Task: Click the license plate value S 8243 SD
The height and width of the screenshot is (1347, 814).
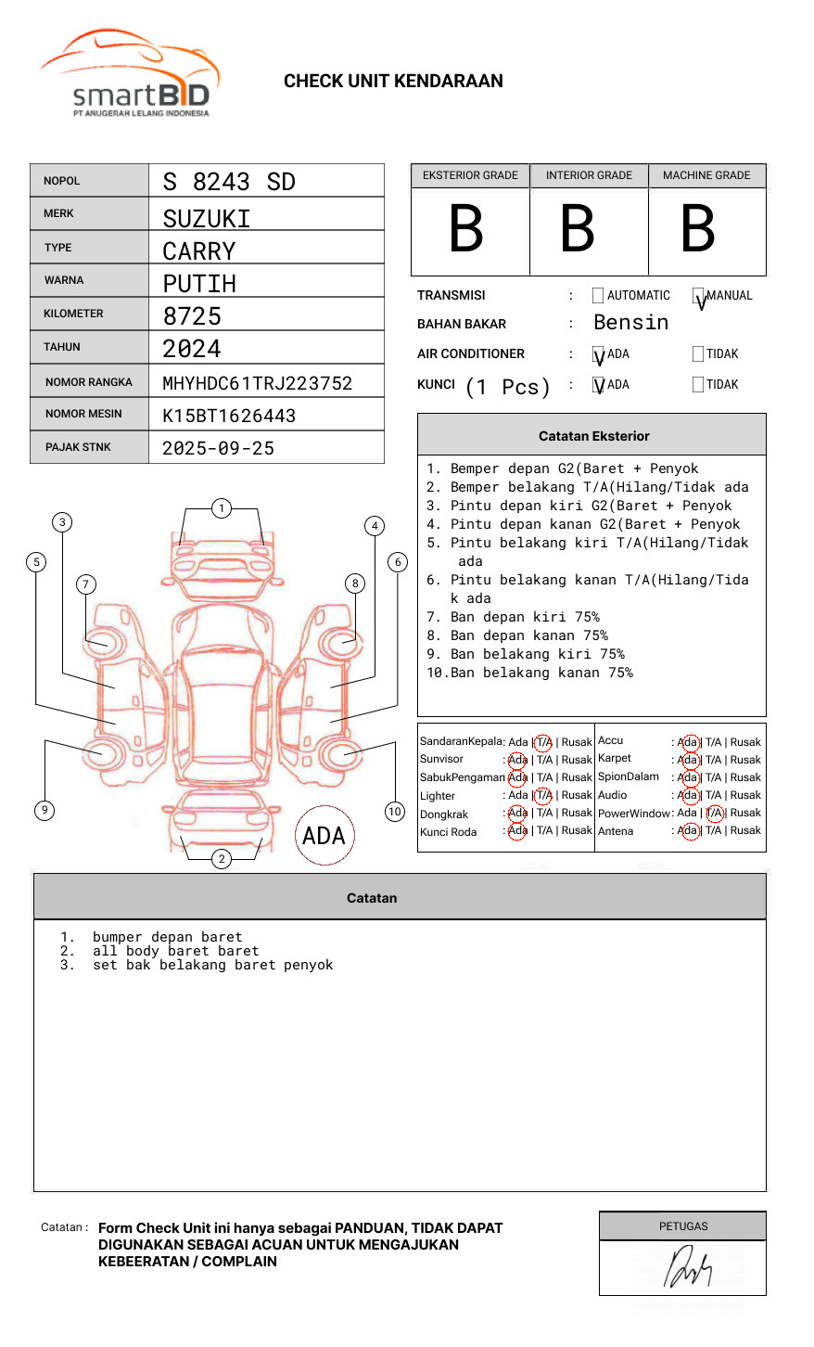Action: coord(229,181)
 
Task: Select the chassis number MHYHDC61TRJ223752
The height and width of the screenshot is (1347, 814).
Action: coord(257,383)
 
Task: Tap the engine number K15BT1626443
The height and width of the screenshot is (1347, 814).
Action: coord(229,416)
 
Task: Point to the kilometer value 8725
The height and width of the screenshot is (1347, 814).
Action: coord(192,316)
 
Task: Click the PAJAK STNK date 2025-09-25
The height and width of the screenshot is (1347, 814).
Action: coord(218,448)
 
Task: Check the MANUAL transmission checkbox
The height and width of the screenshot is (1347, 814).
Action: coord(699,296)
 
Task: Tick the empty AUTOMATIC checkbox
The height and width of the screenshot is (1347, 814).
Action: coord(598,296)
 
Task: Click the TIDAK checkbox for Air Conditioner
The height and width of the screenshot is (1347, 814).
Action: coord(698,353)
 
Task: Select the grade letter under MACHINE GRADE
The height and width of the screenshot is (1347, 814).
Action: coord(698,229)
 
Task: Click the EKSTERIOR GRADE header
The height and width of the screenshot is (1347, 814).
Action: coord(470,175)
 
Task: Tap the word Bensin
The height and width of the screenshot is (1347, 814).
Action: coord(630,323)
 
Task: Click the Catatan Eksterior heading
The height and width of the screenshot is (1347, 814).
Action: coord(593,436)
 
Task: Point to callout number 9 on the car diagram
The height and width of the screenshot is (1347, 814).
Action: coord(45,810)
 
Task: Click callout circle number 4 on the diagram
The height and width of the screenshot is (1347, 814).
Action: coord(375,526)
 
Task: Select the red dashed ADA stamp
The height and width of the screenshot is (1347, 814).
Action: coord(324,835)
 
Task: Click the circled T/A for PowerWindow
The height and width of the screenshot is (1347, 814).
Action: coord(715,814)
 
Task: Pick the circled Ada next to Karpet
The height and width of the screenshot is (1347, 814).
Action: coord(688,760)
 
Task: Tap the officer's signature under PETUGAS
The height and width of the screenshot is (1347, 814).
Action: coord(686,1268)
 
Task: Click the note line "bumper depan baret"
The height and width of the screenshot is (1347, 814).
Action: coord(167,937)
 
